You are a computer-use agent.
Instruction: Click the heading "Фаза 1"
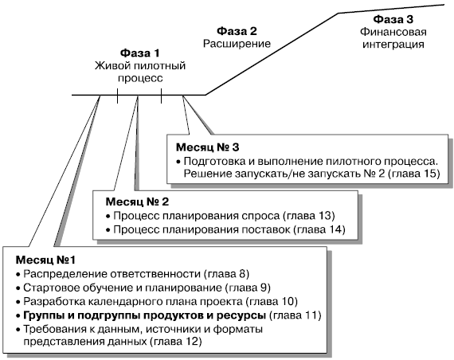coord(140,53)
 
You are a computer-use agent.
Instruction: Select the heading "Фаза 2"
coord(237,31)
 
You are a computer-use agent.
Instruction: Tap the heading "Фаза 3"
coord(393,19)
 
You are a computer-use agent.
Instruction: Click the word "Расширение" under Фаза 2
coord(237,44)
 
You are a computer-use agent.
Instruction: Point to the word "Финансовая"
coord(393,32)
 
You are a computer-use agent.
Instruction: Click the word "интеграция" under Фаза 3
coord(393,45)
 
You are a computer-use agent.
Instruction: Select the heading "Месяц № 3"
coord(208,147)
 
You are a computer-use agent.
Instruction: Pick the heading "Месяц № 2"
coord(137,202)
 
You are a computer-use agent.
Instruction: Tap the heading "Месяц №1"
coord(45,260)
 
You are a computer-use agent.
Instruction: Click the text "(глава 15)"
coord(413,174)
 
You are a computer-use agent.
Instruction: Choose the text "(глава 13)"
coord(309,216)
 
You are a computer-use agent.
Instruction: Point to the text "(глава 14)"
coord(319,229)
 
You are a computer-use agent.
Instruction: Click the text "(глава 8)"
coord(226,274)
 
